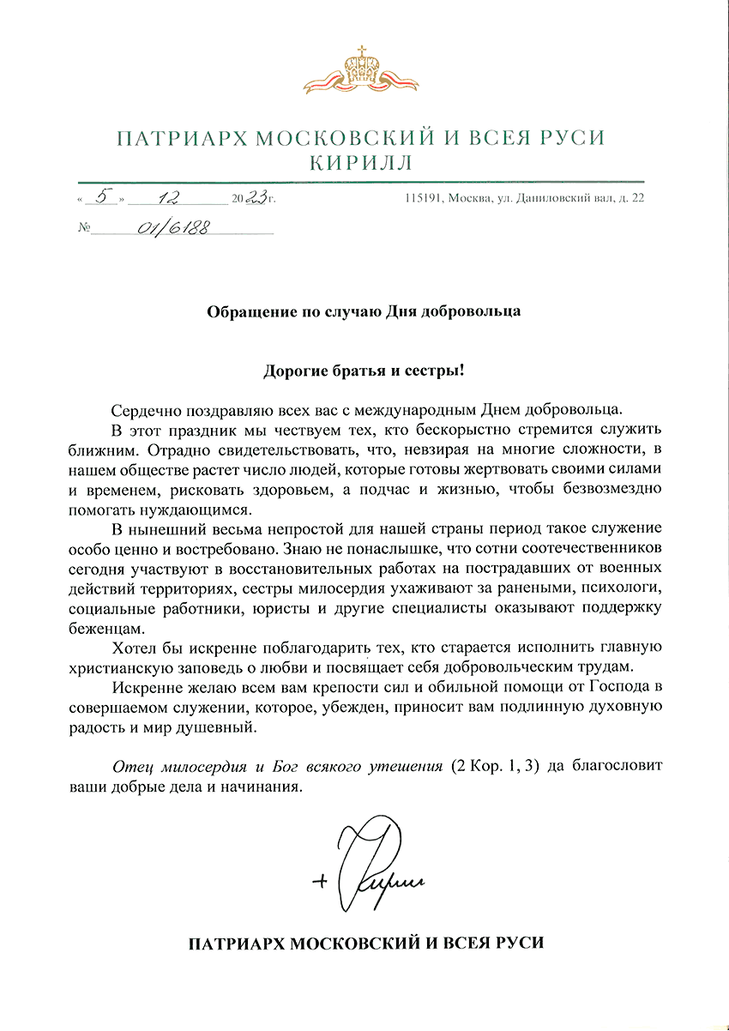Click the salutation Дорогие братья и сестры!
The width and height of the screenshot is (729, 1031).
point(364,371)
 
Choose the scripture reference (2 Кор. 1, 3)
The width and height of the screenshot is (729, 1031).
point(494,766)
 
